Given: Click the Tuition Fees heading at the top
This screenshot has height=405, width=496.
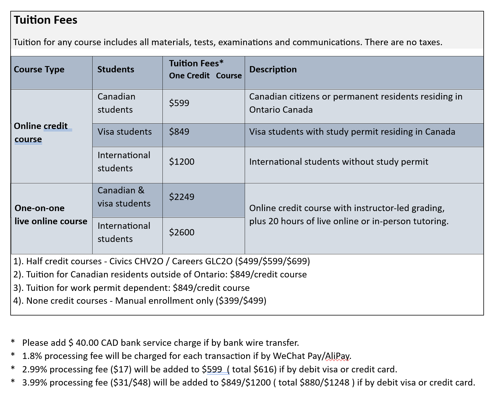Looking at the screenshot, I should [46, 20].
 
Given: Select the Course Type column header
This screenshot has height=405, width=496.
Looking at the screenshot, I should [39, 70].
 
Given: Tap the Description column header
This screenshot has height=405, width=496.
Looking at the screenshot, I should [273, 70].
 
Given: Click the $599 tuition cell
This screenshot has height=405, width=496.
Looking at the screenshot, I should [179, 103].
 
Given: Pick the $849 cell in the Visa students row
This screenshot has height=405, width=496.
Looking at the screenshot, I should [179, 132].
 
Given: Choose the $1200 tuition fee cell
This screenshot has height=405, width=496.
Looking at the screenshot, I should [182, 162].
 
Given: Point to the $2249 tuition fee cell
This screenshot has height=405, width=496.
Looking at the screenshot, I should [182, 197].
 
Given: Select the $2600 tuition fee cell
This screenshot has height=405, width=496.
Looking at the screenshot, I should [182, 233].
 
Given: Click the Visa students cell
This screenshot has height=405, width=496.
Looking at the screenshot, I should [125, 132].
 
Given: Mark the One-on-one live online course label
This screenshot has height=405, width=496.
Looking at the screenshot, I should [51, 215].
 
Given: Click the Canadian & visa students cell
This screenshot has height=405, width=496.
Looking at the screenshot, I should [124, 197].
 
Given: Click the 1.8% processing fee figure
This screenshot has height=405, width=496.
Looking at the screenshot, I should [32, 356].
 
